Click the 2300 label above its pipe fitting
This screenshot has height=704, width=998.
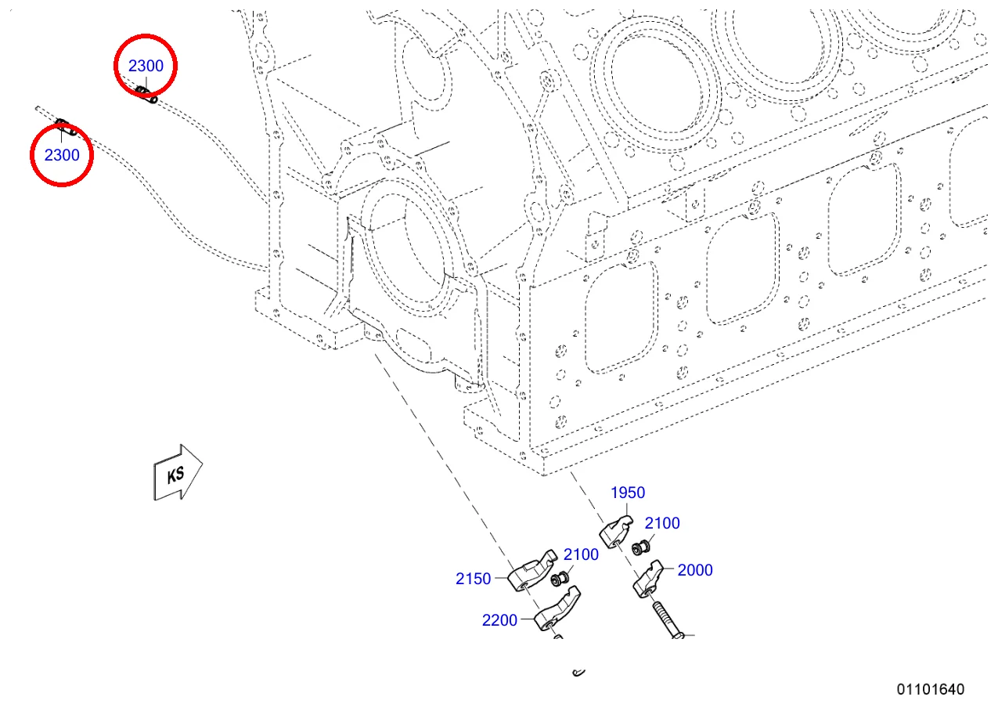click(x=146, y=66)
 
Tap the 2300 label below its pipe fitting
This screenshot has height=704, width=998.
click(x=62, y=155)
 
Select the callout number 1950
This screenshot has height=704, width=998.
click(x=627, y=493)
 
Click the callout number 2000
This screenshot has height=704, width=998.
click(x=695, y=570)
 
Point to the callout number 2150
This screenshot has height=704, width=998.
click(x=473, y=579)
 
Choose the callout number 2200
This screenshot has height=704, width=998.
click(x=499, y=620)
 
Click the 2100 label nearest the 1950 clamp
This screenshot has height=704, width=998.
click(x=662, y=523)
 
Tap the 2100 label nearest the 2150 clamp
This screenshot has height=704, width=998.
click(x=581, y=554)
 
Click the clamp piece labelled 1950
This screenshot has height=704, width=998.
click(x=615, y=532)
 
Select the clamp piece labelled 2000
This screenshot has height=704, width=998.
click(x=648, y=579)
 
